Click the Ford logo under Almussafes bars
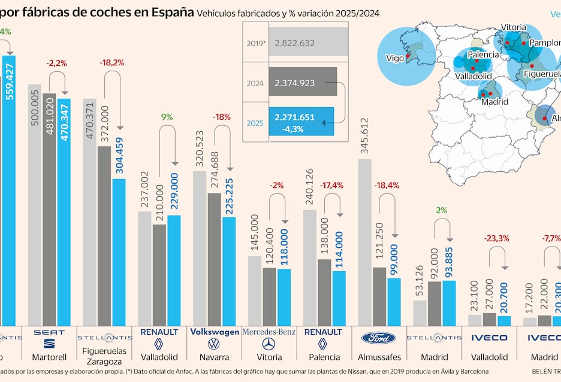tap(378, 338)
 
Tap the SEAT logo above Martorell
tap(49, 332)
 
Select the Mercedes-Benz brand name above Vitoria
tap(269, 331)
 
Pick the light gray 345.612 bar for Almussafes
tap(364, 239)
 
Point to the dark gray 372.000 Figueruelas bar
tap(104, 234)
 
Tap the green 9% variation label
tap(166, 117)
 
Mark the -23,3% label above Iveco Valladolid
tap(496, 238)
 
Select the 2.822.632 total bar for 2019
tap(308, 43)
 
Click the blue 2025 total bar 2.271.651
tap(301, 121)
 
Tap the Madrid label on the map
tap(494, 101)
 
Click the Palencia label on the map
tap(483, 54)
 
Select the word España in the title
tap(169, 12)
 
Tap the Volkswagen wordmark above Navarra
tap(213, 331)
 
